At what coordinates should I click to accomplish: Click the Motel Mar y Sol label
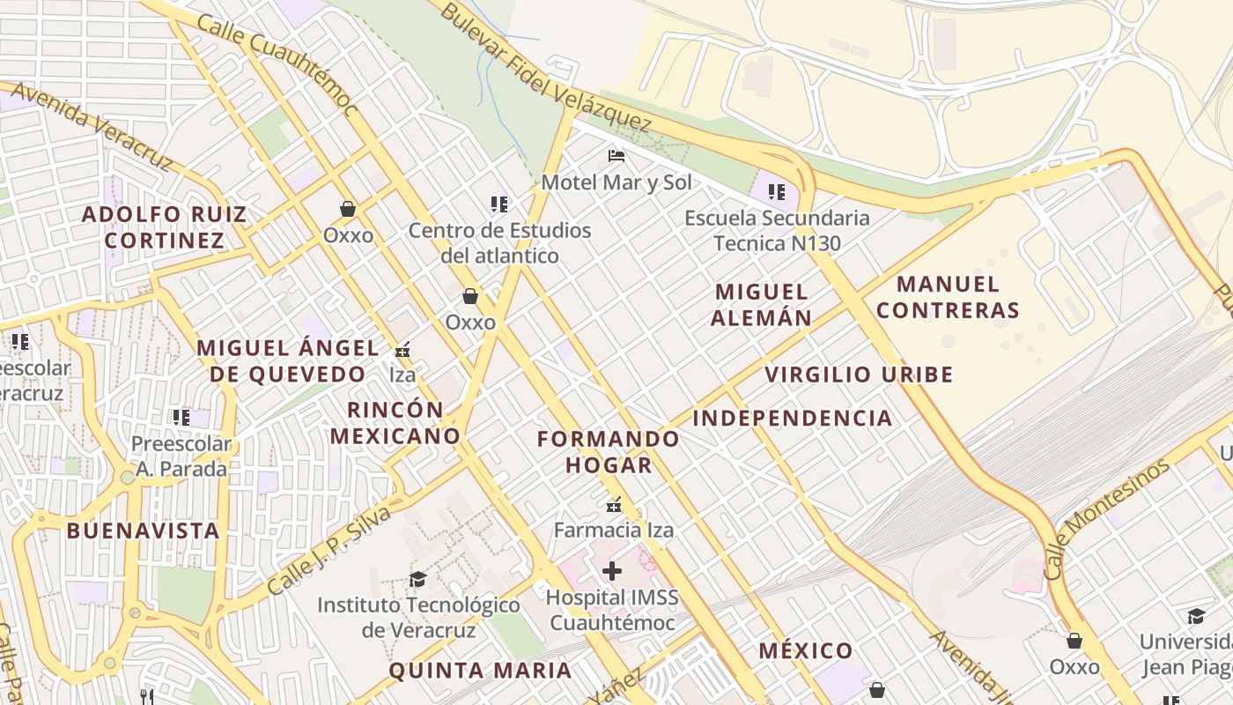tap(616, 182)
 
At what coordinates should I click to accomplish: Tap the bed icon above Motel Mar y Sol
tap(616, 157)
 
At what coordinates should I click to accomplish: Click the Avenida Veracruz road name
tap(92, 126)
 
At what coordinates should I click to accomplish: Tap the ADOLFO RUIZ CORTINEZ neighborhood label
tap(165, 227)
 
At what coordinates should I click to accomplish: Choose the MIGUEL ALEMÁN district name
tap(762, 305)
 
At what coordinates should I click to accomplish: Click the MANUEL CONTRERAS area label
tap(948, 297)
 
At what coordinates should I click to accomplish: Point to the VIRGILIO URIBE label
tap(859, 375)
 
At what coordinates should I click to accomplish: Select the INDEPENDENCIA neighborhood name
tap(793, 418)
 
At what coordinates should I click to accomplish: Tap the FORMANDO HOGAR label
tap(609, 451)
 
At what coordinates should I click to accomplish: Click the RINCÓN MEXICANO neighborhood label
tap(395, 422)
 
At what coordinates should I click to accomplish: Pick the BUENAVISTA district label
tap(143, 531)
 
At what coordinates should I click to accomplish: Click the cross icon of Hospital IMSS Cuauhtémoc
tap(612, 572)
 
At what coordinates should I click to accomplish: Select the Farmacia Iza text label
tap(614, 530)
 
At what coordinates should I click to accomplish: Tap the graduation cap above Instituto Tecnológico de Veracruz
tap(417, 579)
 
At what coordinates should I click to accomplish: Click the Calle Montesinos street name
tap(1107, 518)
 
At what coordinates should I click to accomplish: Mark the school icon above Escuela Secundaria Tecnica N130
tap(776, 191)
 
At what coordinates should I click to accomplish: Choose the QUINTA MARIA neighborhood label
tap(480, 670)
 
